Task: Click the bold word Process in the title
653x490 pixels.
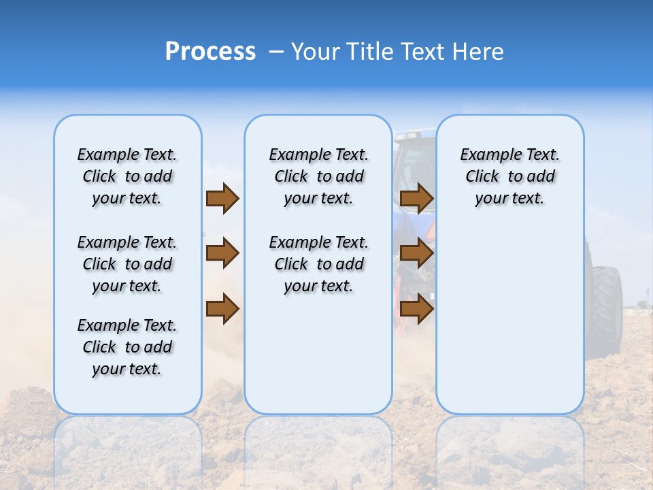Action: [210, 51]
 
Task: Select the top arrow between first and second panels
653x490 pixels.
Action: [222, 199]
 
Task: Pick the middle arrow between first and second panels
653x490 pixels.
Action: [222, 254]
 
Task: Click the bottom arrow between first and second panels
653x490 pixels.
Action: [222, 308]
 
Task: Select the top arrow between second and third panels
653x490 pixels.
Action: [416, 199]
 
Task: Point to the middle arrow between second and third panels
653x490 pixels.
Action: [416, 254]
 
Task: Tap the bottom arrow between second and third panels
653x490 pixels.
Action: [416, 308]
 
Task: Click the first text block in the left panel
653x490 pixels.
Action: [127, 176]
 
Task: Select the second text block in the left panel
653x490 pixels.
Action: [127, 264]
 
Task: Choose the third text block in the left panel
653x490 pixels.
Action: [127, 347]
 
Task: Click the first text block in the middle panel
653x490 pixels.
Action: [318, 176]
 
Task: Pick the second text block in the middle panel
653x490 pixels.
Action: [318, 264]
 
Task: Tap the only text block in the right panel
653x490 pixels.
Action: [509, 176]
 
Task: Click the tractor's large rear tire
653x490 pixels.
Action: [607, 306]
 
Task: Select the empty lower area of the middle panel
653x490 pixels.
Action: [318, 354]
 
